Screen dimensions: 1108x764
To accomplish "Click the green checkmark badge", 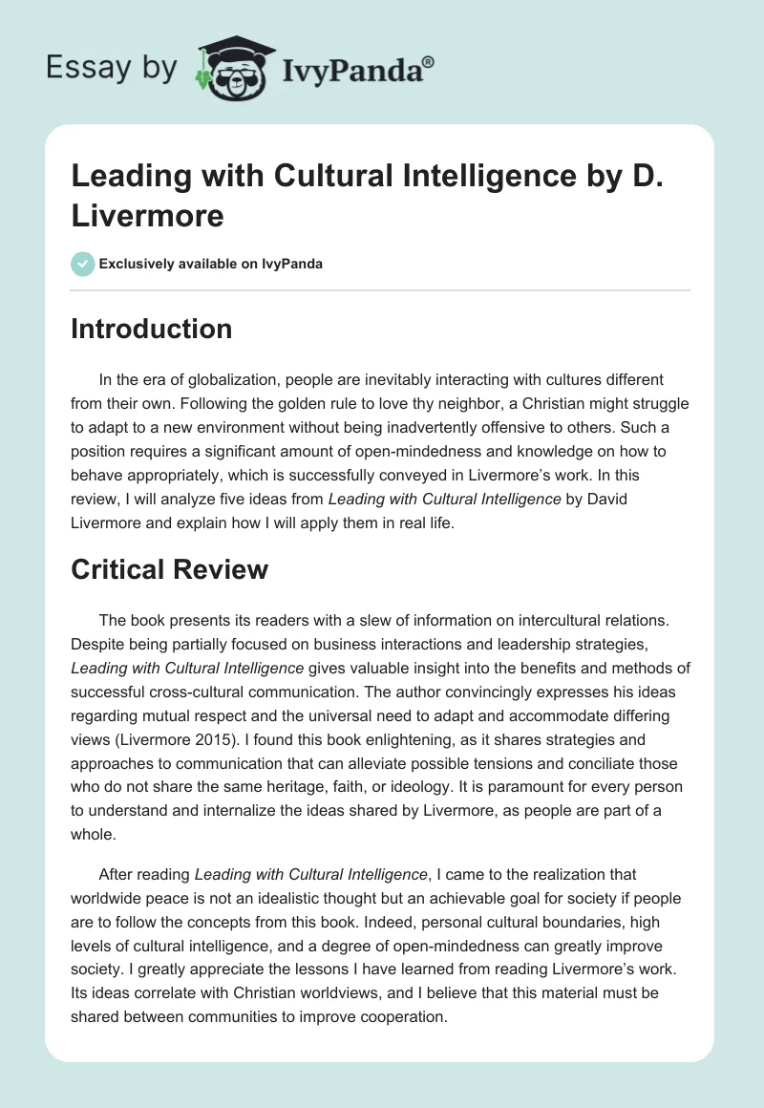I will tap(83, 264).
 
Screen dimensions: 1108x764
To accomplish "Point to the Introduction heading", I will tap(151, 329).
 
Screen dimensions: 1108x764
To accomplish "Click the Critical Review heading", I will tap(169, 570).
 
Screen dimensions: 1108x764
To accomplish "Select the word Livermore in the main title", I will tap(147, 216).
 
